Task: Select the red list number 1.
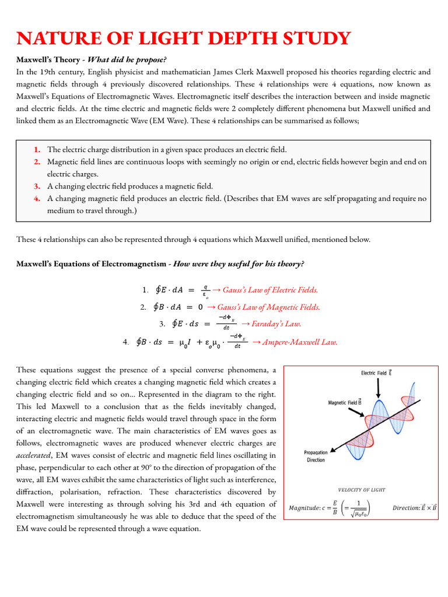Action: (37, 150)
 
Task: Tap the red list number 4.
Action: (37, 198)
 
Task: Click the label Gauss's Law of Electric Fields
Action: (269, 290)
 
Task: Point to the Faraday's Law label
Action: (275, 324)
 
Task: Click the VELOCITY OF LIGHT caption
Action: (362, 490)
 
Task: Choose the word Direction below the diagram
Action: (410, 507)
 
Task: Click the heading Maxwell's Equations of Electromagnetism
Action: (91, 264)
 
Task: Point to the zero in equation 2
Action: (200, 307)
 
